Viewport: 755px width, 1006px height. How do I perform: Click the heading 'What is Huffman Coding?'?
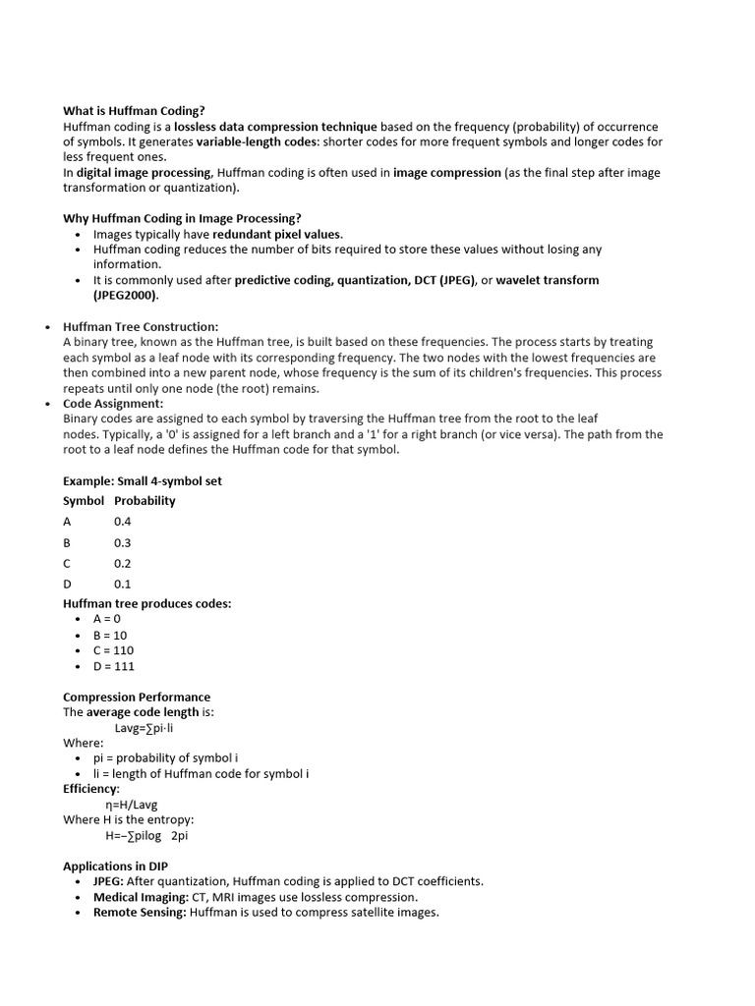(x=134, y=111)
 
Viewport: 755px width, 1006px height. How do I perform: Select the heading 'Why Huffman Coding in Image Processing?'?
(x=182, y=218)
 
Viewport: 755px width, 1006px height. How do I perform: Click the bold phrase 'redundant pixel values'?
(x=277, y=234)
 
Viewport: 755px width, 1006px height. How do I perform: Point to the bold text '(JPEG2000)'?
(x=125, y=295)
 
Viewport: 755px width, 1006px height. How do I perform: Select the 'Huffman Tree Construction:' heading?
(x=141, y=326)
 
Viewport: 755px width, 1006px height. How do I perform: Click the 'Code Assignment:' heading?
(x=113, y=403)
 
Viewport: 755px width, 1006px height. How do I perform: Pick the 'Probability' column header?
(x=145, y=500)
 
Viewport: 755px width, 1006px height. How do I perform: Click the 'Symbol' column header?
(x=84, y=500)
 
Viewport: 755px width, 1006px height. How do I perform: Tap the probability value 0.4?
(x=122, y=522)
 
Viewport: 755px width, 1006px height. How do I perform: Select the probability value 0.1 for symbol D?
(x=122, y=584)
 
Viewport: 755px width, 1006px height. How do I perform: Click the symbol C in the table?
(x=67, y=563)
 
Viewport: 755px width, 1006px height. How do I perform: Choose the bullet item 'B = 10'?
(x=110, y=635)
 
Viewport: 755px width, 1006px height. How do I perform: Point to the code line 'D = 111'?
(x=113, y=666)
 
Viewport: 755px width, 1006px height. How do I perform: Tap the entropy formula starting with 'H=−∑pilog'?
(x=145, y=835)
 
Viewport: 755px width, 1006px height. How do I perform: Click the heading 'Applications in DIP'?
(x=120, y=866)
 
